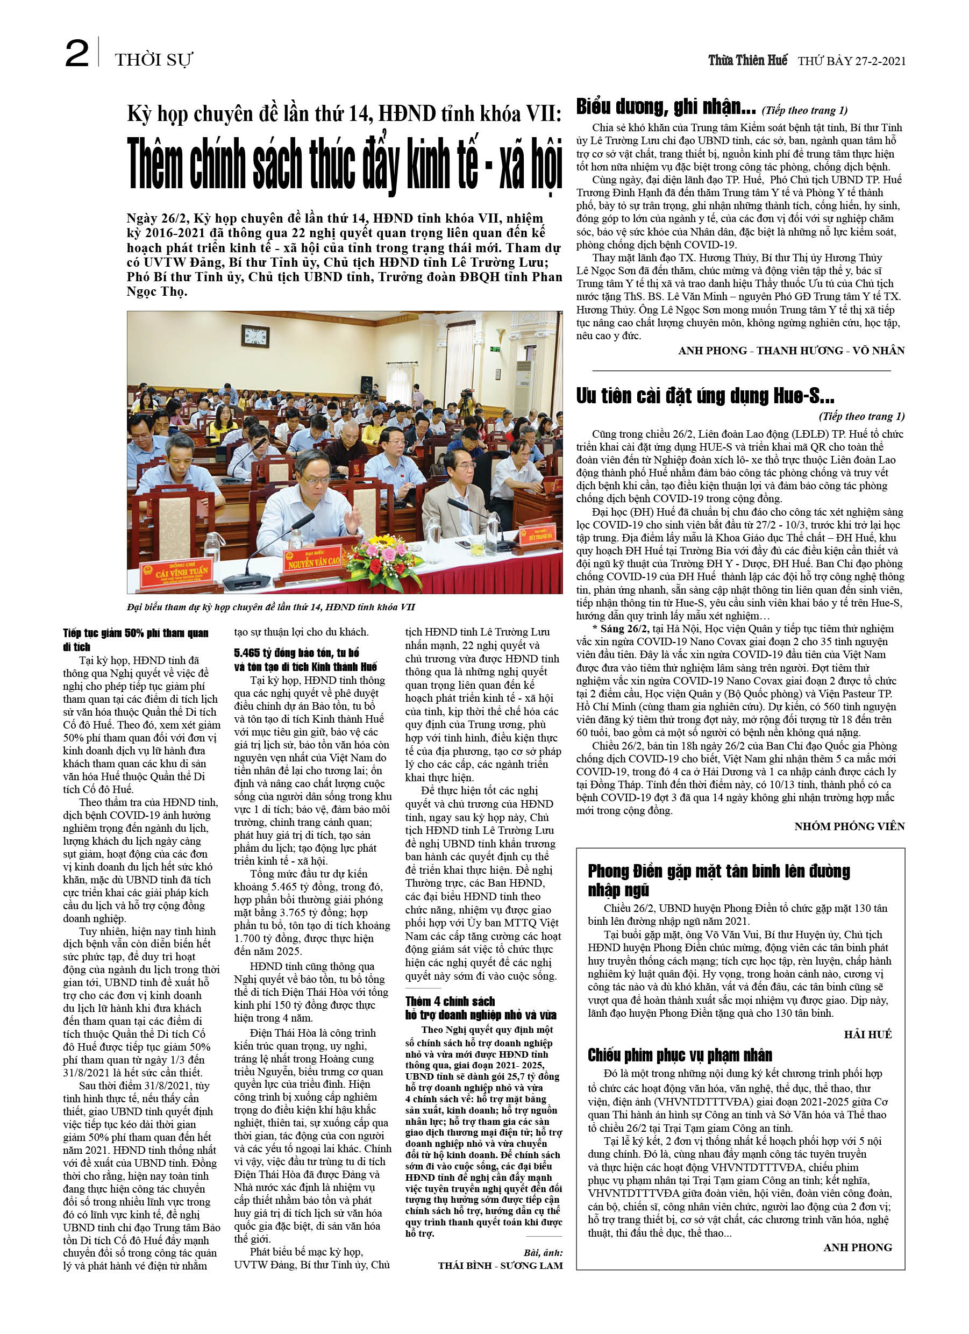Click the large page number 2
(76, 54)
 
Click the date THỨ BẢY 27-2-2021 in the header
(851, 61)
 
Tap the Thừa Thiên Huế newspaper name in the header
(747, 61)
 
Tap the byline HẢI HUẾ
(868, 1034)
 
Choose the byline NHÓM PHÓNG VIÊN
(849, 826)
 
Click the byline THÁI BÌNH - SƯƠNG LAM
(500, 1265)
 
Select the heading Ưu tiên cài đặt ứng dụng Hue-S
(705, 396)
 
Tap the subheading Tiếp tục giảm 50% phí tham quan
(136, 639)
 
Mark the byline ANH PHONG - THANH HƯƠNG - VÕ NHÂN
(790, 351)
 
